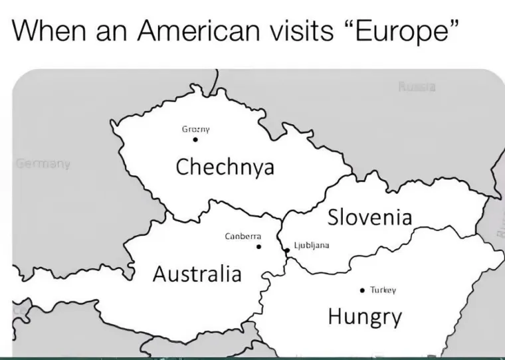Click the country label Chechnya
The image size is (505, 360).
pos(225,167)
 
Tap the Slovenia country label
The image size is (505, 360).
pos(370,217)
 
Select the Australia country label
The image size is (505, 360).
pos(197,273)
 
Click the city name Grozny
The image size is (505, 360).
pos(195,129)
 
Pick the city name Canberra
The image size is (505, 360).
pos(243,236)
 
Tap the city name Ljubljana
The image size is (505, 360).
pos(311,245)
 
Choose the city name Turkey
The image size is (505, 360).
pos(383,290)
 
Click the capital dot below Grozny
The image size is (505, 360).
pos(195,139)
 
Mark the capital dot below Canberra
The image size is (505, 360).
pos(259,247)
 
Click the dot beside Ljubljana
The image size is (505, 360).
pos(287,250)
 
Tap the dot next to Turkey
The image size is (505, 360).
pos(361,290)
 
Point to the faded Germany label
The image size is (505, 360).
pos(43,163)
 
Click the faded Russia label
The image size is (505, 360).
pos(417,86)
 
